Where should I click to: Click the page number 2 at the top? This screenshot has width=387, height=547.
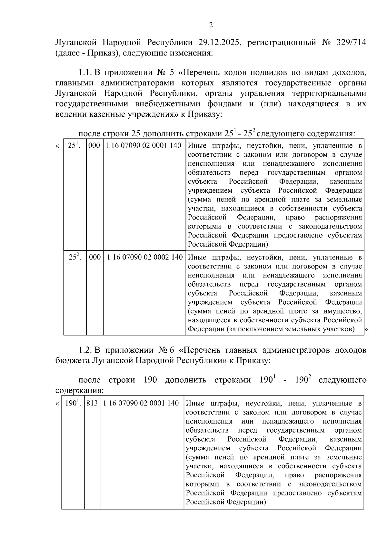click(211, 25)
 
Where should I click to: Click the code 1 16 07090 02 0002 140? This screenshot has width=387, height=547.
click(145, 258)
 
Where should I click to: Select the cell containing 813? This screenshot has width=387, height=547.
click(92, 403)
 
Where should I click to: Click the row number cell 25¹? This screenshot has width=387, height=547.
click(74, 146)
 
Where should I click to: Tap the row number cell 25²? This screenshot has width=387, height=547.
click(75, 258)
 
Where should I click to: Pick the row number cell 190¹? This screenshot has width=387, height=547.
click(73, 403)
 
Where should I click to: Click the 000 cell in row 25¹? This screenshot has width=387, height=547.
click(94, 146)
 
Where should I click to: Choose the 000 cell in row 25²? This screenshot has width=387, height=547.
click(94, 258)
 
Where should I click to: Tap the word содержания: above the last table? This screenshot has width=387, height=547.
click(80, 390)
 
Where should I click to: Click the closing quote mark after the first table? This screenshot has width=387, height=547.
click(367, 329)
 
